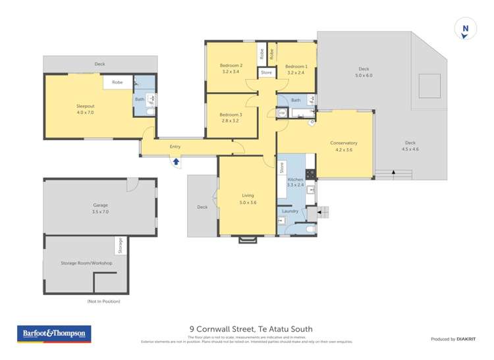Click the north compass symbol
pos(466,29)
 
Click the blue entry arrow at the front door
pos(176,161)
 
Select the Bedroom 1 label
pos(296,69)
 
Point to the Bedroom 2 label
pos(231,68)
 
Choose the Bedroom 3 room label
pos(231,118)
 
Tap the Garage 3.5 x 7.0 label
pos(100,209)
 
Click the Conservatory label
pos(344,146)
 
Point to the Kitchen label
pos(295,182)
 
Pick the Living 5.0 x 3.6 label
pos(248,199)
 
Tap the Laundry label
pos(290,211)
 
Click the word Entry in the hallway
pos(175,147)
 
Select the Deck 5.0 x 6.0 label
pos(364,72)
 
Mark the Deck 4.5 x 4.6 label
pos(410,146)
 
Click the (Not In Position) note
pos(103,301)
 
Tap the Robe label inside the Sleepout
pos(117,82)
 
